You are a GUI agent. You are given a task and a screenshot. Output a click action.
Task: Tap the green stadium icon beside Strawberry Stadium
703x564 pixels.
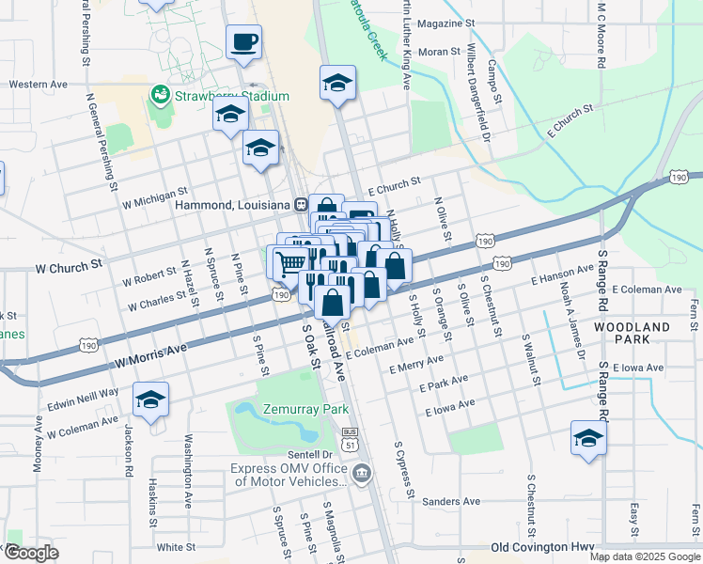click(160, 95)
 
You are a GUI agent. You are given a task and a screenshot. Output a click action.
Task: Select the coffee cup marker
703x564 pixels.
click(243, 43)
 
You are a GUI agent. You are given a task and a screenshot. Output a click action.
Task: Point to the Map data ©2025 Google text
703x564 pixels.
click(644, 556)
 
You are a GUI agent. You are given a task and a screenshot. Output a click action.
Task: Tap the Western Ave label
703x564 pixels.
click(39, 84)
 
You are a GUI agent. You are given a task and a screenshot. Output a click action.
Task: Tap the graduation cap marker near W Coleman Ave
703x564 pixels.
click(150, 400)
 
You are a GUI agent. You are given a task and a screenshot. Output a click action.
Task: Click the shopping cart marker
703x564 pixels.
click(290, 262)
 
